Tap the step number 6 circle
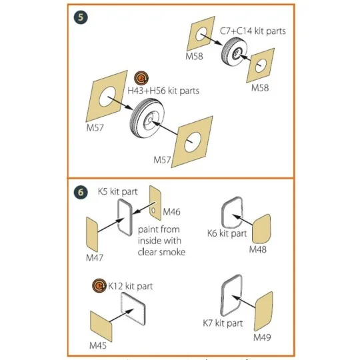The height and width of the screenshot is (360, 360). point(81,191)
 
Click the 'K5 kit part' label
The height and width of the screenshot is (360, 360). point(117,191)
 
